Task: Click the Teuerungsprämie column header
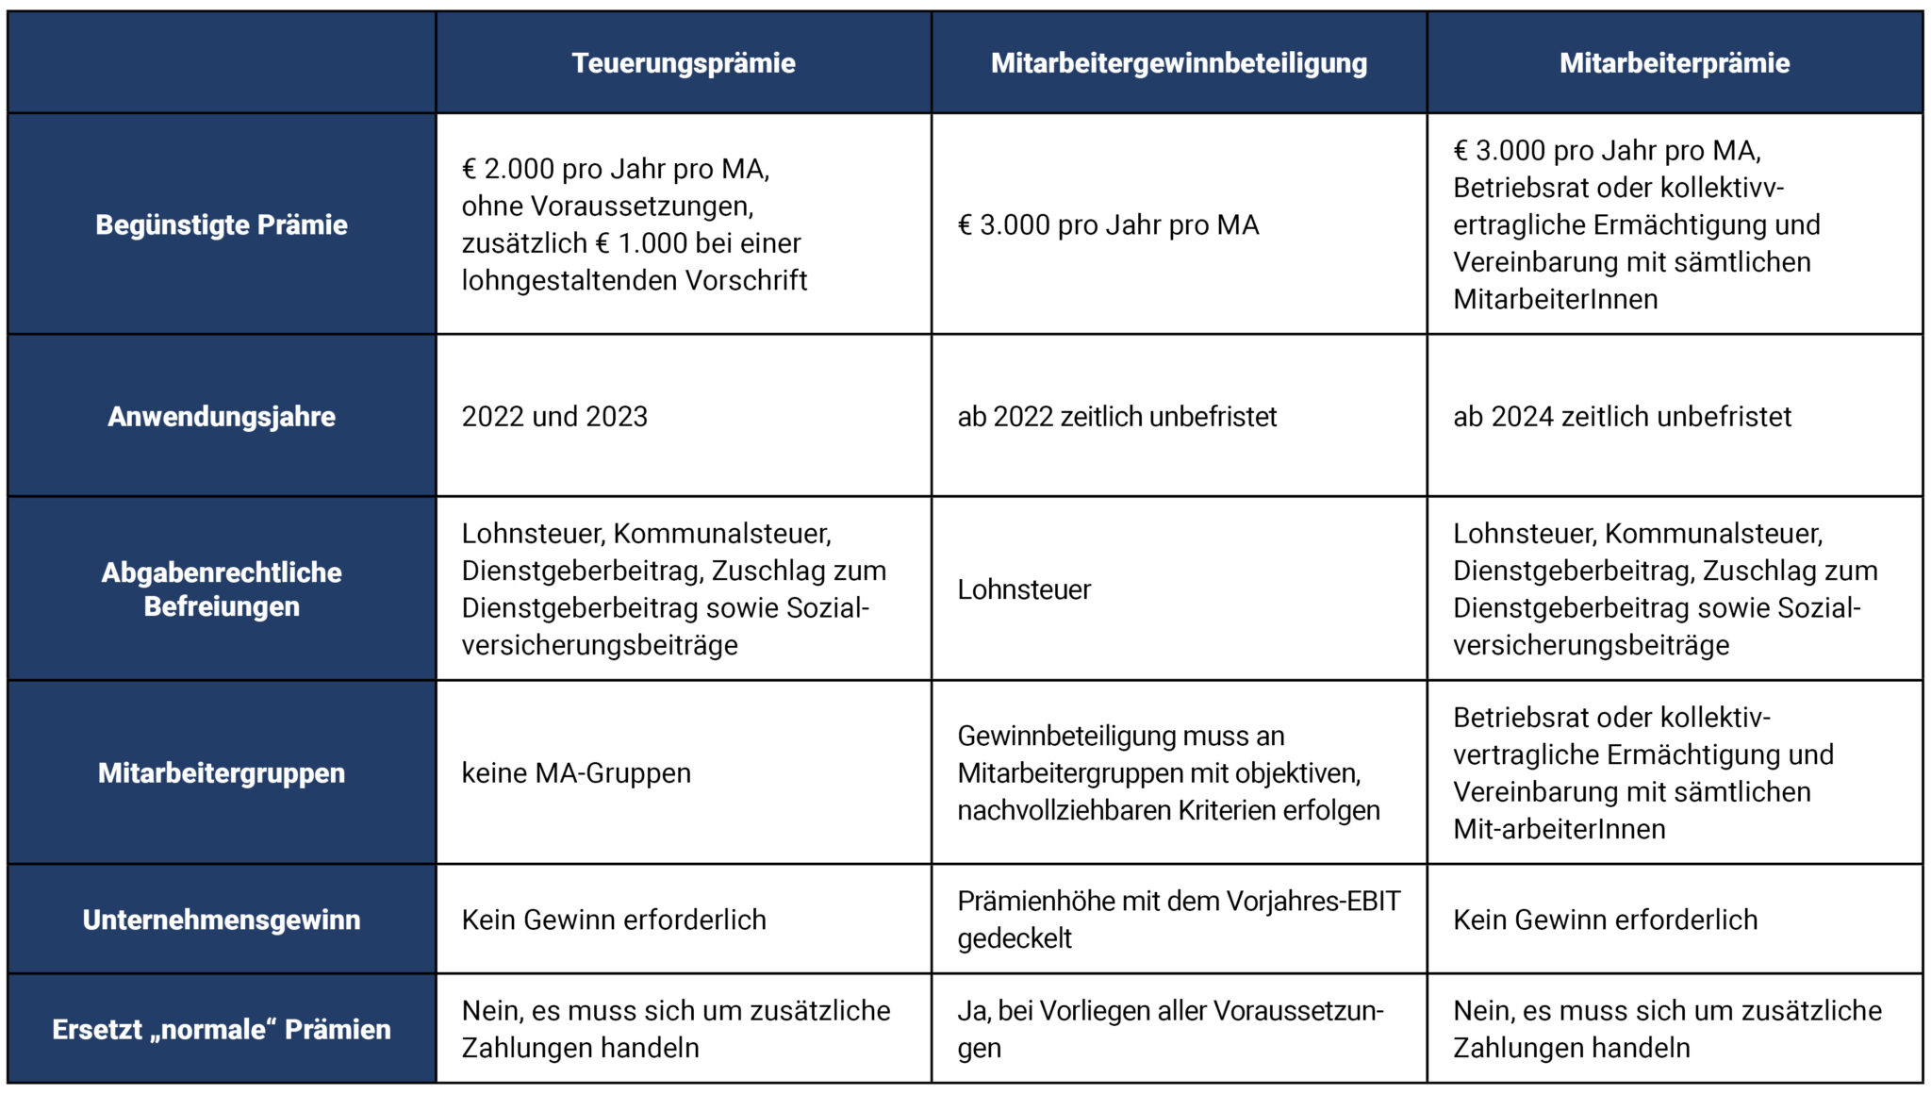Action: tap(684, 63)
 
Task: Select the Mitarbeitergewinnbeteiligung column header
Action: tap(1179, 63)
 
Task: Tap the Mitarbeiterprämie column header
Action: tap(1675, 63)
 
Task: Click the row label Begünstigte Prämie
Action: tap(222, 224)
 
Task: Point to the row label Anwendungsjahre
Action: tap(222, 416)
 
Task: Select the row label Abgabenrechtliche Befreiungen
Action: tap(222, 588)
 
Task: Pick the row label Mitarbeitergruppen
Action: tap(222, 773)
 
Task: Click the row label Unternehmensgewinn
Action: tap(222, 920)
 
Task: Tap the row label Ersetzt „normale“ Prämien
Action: tap(222, 1029)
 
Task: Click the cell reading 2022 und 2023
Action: tap(554, 416)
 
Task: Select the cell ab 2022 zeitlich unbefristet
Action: tap(1117, 416)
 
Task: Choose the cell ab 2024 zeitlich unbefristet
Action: tap(1622, 416)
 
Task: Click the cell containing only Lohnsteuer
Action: tap(1024, 589)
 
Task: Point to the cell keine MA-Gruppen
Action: tap(576, 773)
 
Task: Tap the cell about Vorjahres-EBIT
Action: tap(1179, 920)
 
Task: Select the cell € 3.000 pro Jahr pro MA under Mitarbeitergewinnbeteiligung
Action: tap(1108, 224)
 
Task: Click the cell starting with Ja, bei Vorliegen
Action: tap(1170, 1029)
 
